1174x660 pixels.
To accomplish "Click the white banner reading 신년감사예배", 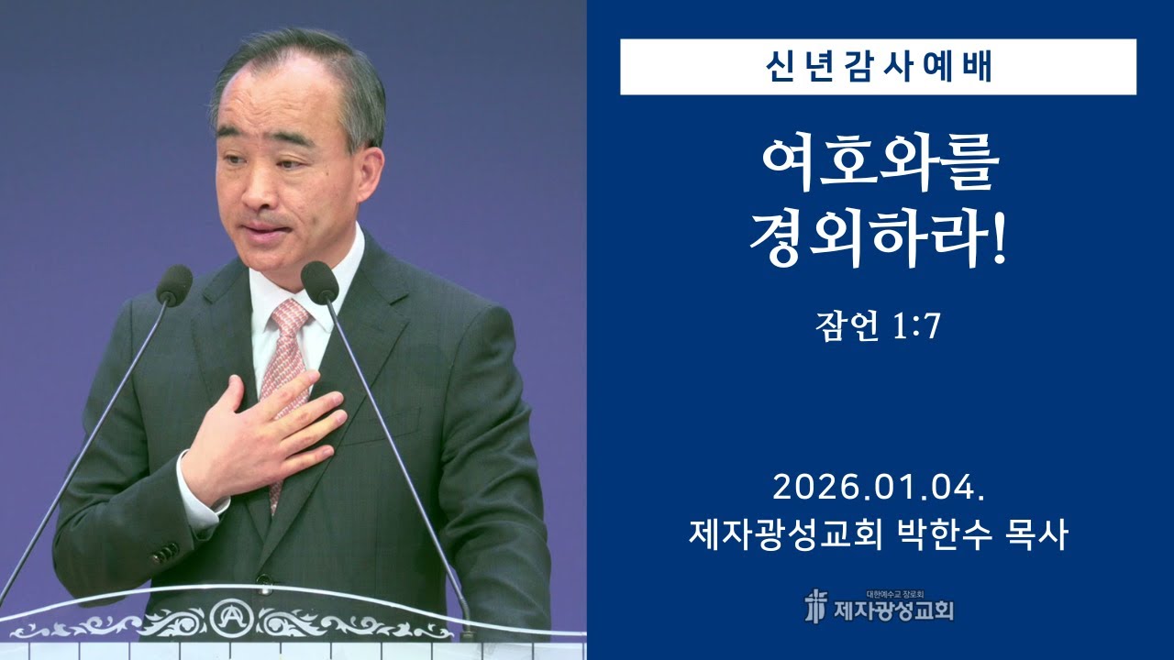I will coord(878,67).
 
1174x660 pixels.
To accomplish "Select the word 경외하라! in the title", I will coord(879,240).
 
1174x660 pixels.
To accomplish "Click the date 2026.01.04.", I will coord(879,488).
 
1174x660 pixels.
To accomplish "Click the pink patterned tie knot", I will coord(290,317).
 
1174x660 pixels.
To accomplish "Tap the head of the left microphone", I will coord(174,284).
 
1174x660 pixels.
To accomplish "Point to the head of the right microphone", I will coord(319,281).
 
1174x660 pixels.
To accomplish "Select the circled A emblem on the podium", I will coord(227,617).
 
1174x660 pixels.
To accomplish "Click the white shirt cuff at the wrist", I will coord(197,500).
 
